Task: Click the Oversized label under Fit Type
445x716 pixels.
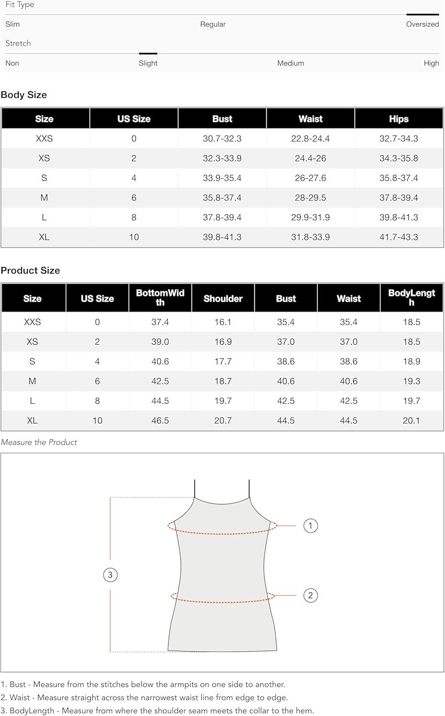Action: [x=422, y=24]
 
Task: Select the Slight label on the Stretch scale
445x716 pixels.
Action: [x=148, y=63]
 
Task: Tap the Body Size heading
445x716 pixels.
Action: [x=24, y=95]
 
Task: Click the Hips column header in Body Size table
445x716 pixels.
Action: [x=399, y=119]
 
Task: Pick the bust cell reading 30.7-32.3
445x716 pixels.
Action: [x=222, y=138]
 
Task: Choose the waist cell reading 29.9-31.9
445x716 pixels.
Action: [x=310, y=217]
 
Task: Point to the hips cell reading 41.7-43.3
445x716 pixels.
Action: [x=399, y=237]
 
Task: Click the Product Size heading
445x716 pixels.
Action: [x=30, y=270]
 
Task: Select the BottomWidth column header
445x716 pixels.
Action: [x=160, y=298]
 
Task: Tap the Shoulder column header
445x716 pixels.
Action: [x=223, y=298]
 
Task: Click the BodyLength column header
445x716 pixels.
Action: [x=411, y=298]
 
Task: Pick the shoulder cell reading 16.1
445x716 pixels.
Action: [x=223, y=322]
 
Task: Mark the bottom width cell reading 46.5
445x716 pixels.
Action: [x=160, y=421]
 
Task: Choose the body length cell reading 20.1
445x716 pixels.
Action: [x=411, y=421]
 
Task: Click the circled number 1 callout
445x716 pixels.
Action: [x=311, y=526]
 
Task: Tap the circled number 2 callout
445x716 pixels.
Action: [x=311, y=595]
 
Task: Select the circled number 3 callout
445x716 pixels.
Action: [x=110, y=575]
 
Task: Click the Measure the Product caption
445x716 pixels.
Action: [x=39, y=442]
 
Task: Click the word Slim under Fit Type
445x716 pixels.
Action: [x=12, y=24]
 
